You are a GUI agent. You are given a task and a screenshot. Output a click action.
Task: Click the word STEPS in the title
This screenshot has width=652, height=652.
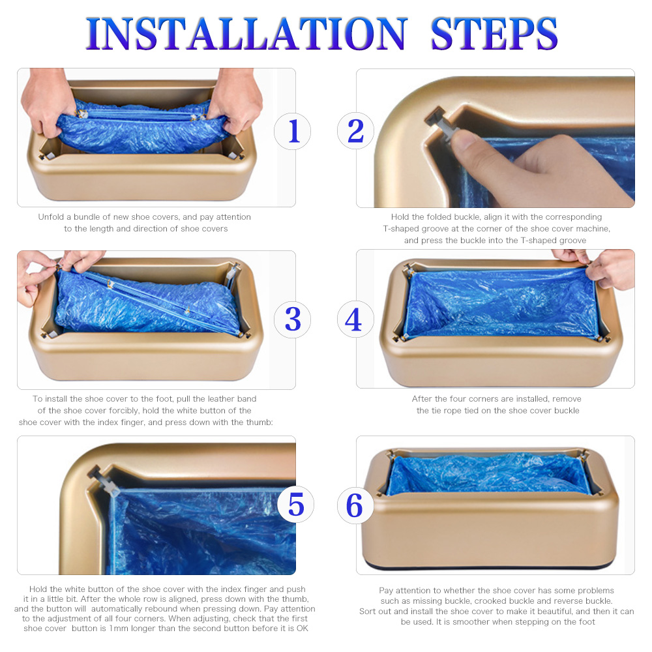coord(494,34)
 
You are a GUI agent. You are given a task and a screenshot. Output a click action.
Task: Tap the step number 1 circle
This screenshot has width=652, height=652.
coord(292,132)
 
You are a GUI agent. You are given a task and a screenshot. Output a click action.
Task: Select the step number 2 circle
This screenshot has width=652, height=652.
coord(355,132)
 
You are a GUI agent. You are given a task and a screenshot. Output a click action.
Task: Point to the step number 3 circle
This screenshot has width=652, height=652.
coord(292,319)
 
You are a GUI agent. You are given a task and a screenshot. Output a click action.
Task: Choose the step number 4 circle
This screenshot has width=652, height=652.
coord(355,319)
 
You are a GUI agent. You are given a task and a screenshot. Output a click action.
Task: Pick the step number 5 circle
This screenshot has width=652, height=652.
coord(295,505)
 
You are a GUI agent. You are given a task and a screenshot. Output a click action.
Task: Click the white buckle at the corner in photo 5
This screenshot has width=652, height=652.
coord(104,481)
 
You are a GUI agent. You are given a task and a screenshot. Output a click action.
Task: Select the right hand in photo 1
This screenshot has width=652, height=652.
coord(234,100)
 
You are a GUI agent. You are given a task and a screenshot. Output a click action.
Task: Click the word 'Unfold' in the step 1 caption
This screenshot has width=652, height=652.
coord(51,216)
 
